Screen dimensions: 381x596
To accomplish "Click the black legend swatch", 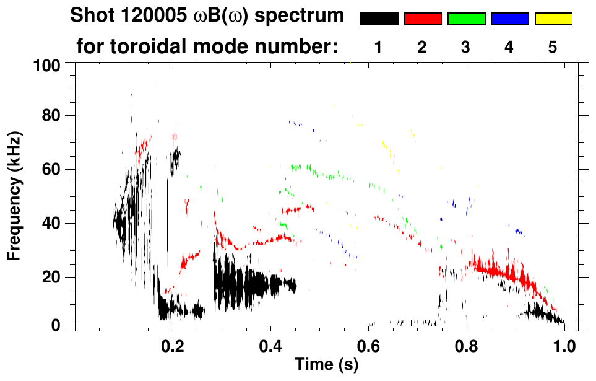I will (379, 19).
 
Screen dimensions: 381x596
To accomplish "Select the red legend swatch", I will (423, 19).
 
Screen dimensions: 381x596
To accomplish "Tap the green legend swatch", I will (466, 19).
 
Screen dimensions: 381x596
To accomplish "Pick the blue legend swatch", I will (509, 19).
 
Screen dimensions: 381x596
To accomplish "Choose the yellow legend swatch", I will (553, 19).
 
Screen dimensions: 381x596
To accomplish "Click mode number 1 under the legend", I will (378, 47).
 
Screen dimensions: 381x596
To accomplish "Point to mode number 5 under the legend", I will (552, 47).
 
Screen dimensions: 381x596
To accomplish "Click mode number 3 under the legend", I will (465, 47).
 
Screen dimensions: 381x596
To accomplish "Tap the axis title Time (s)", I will (326, 365).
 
